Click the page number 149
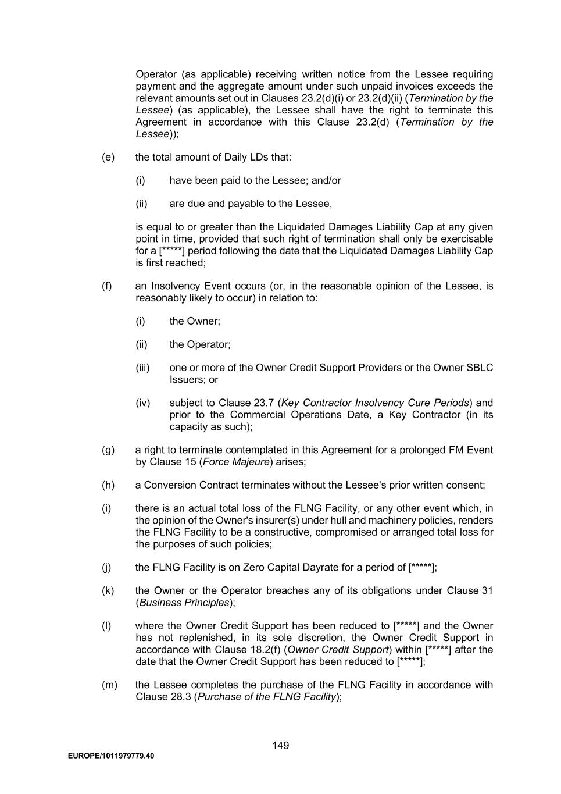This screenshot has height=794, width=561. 280,745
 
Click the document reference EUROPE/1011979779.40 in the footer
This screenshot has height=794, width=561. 111,756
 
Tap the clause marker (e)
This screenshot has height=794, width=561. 108,157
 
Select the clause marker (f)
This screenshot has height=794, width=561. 107,286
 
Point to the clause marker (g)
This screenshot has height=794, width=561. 108,450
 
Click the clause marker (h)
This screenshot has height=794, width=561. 108,485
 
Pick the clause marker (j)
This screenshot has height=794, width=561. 107,567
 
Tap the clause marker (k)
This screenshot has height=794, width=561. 108,590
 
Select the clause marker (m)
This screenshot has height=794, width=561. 109,685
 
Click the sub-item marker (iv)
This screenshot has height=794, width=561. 143,403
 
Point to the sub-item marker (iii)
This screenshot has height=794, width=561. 142,368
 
